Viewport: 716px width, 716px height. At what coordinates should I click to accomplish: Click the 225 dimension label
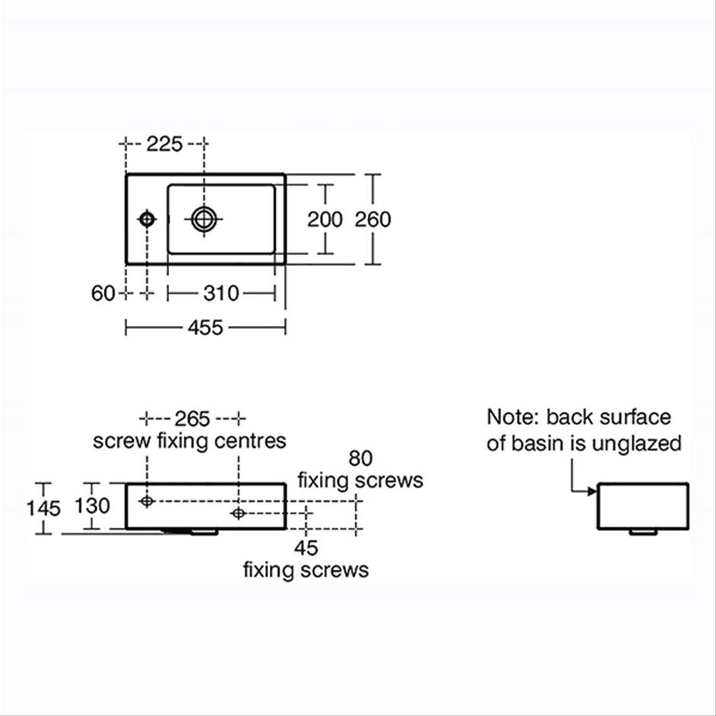pyautogui.click(x=165, y=144)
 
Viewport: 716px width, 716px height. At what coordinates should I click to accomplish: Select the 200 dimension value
pyautogui.click(x=324, y=219)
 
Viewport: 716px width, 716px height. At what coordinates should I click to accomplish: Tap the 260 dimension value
pyautogui.click(x=372, y=219)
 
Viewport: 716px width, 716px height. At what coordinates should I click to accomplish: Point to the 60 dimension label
pyautogui.click(x=103, y=293)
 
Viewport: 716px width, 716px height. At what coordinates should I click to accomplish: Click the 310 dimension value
pyautogui.click(x=221, y=293)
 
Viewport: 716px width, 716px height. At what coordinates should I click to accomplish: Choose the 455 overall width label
pyautogui.click(x=206, y=328)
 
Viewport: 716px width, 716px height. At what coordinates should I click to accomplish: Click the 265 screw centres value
pyautogui.click(x=192, y=419)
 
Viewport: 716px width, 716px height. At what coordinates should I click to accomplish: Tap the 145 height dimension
pyautogui.click(x=43, y=509)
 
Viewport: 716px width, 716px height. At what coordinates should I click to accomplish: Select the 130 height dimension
pyautogui.click(x=92, y=506)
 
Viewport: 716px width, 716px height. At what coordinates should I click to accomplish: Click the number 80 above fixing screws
pyautogui.click(x=360, y=459)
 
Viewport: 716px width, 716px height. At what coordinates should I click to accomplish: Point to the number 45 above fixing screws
pyautogui.click(x=306, y=548)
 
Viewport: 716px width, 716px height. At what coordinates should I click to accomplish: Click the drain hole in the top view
pyautogui.click(x=203, y=219)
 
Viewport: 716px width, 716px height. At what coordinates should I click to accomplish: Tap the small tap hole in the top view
pyautogui.click(x=146, y=219)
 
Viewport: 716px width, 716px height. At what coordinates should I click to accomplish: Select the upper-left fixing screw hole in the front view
pyautogui.click(x=146, y=501)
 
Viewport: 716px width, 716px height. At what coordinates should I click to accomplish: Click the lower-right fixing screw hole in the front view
pyautogui.click(x=238, y=513)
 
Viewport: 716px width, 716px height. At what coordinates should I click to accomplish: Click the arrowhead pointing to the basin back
pyautogui.click(x=593, y=491)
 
